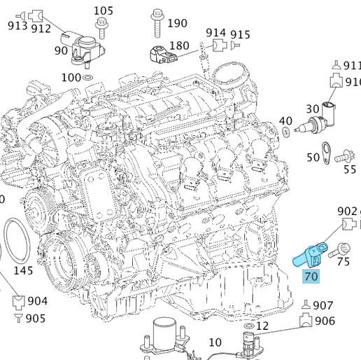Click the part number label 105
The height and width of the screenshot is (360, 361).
[x=103, y=11]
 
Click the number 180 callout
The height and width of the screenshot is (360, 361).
[x=179, y=46]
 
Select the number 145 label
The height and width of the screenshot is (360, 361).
[x=23, y=270]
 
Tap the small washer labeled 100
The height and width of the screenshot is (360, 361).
[x=89, y=77]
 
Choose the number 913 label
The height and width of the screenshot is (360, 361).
[x=17, y=26]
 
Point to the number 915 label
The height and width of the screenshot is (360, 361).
[x=240, y=34]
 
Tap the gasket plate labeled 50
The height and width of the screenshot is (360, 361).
[x=326, y=149]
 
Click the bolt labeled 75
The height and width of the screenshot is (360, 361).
[x=342, y=248]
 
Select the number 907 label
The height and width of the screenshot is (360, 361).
[x=322, y=305]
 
